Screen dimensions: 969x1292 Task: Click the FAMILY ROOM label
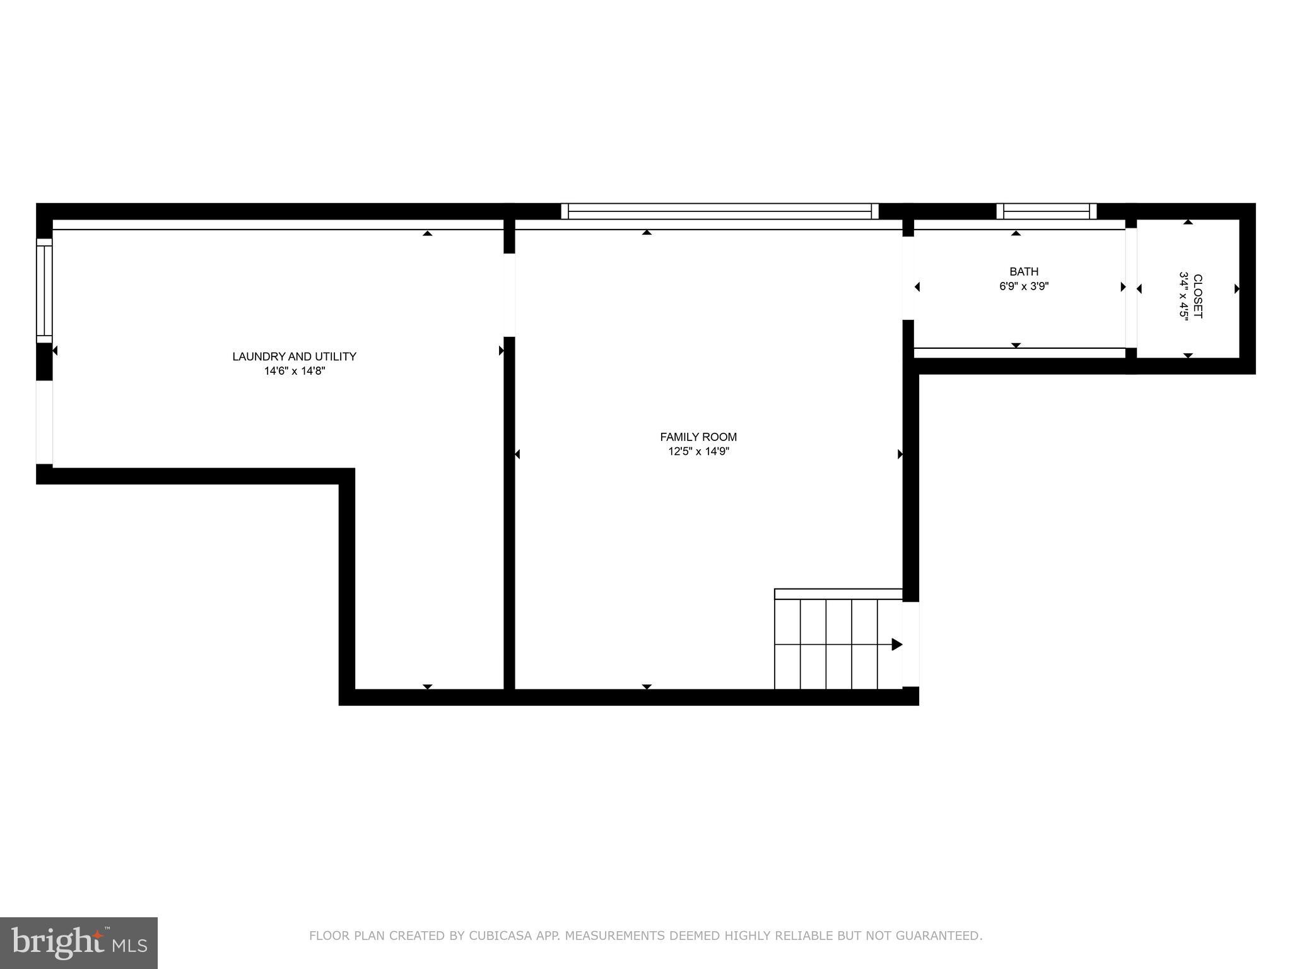point(698,437)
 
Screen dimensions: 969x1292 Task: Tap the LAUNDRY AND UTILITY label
point(294,356)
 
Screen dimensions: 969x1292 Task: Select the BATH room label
point(1024,272)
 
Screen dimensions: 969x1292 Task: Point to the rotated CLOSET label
point(1197,296)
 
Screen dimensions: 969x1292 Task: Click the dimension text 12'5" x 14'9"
point(698,452)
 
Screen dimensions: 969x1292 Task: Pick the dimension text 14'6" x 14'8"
point(294,372)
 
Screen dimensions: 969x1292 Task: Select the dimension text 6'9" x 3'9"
point(1024,286)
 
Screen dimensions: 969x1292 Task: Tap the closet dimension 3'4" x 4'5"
point(1183,296)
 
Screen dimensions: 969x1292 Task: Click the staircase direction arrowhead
point(896,644)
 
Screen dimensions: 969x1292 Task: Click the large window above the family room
point(719,211)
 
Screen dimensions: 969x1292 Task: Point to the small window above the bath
point(1047,211)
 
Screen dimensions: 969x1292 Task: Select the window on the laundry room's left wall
point(44,290)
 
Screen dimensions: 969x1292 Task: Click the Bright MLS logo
point(79,943)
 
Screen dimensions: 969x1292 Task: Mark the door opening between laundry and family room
point(509,295)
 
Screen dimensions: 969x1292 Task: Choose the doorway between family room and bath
point(908,278)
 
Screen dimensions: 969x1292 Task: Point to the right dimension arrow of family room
point(900,454)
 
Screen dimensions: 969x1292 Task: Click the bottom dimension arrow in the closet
point(1188,356)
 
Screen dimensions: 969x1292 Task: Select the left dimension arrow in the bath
point(917,287)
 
